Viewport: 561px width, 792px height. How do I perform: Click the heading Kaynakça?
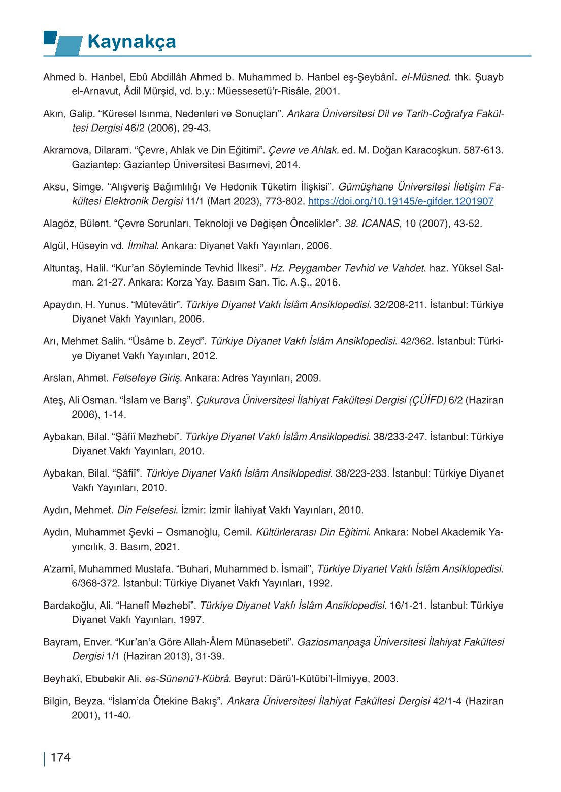tap(131, 42)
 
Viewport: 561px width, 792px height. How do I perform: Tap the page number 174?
tap(60, 757)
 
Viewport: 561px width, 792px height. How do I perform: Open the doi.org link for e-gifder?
tap(401, 201)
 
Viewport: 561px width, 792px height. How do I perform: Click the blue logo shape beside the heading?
tap(63, 43)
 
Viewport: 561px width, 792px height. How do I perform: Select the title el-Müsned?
tap(425, 77)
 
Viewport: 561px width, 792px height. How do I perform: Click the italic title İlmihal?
tap(143, 246)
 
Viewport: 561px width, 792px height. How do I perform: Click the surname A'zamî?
tap(58, 569)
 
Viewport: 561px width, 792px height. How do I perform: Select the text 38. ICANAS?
tap(372, 224)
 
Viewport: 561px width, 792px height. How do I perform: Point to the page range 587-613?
tap(483, 150)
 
